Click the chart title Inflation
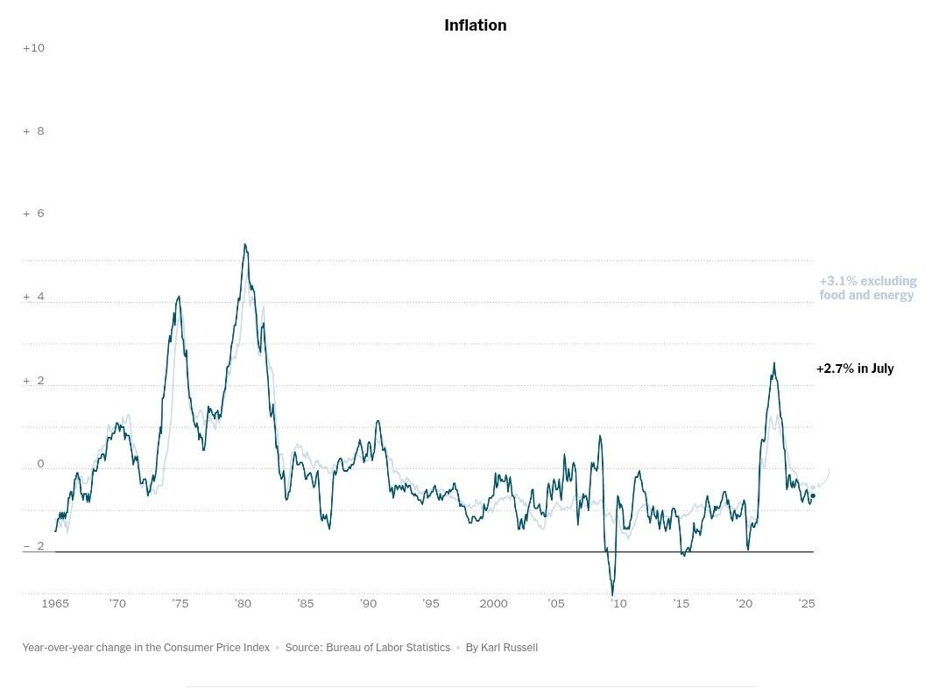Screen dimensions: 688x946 475,25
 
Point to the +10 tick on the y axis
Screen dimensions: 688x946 33,47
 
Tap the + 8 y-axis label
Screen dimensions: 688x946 33,131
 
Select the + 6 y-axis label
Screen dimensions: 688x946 33,214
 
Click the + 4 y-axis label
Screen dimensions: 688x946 33,297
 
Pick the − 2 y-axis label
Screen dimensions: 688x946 33,546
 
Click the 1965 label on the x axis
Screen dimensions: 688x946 55,604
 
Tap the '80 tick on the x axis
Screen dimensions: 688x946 243,604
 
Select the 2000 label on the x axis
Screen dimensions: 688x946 493,604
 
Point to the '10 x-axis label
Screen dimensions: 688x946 618,604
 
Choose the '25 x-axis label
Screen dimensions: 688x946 806,604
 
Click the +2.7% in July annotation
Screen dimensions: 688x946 855,369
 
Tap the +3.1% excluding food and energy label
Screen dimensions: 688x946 867,288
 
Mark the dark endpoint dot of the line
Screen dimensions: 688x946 813,495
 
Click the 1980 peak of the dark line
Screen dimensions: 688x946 245,245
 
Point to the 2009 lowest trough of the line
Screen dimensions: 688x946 612,594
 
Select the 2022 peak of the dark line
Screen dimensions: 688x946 773,363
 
